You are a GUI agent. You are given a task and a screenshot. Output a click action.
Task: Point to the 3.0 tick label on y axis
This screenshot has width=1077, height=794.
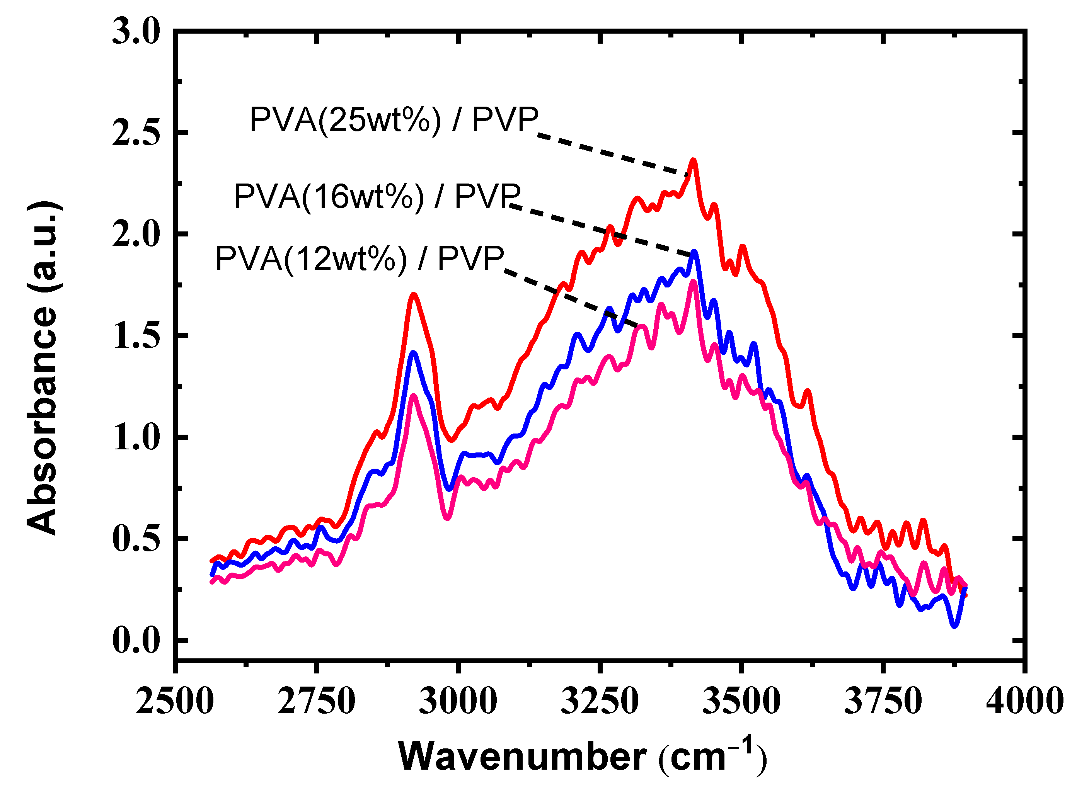(x=136, y=33)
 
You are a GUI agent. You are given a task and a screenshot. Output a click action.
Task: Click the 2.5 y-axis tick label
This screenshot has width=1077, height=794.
(x=136, y=133)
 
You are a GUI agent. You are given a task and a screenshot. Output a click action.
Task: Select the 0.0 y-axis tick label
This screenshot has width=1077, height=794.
(x=136, y=641)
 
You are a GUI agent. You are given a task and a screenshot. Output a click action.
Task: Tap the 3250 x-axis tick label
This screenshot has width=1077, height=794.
(x=600, y=702)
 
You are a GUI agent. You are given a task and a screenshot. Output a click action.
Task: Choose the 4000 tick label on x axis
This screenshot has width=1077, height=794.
(x=1024, y=702)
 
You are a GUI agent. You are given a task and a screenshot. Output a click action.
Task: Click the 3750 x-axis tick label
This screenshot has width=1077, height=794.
(x=883, y=702)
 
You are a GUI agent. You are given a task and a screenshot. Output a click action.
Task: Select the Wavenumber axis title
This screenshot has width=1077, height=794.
(x=582, y=757)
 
